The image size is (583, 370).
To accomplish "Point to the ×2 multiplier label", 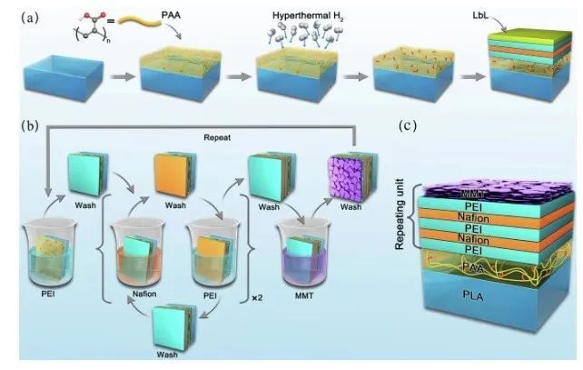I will point(257,296).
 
